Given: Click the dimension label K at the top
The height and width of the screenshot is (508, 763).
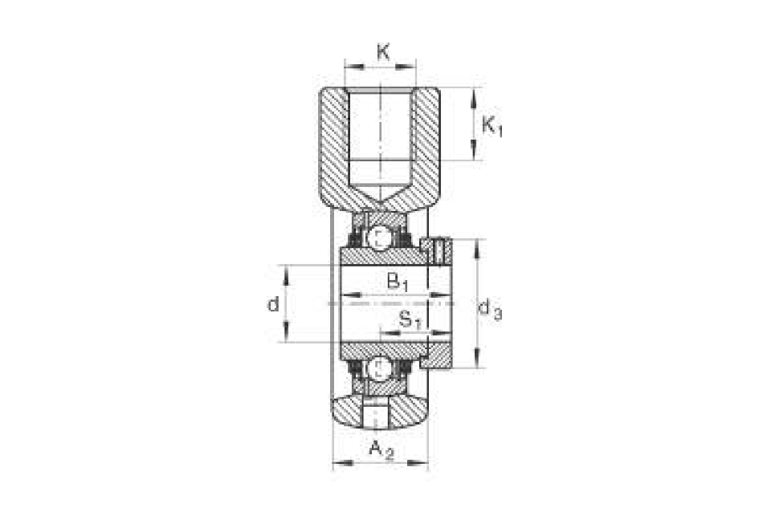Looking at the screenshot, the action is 383,51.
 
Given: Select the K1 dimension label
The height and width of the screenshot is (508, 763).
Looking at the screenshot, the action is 492,126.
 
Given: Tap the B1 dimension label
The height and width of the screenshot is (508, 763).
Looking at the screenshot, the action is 397,282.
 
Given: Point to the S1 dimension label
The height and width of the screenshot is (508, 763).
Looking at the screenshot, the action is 410,320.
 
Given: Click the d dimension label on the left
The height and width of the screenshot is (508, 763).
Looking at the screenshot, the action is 274,304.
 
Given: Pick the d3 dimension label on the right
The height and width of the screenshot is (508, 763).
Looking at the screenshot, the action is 491,309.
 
